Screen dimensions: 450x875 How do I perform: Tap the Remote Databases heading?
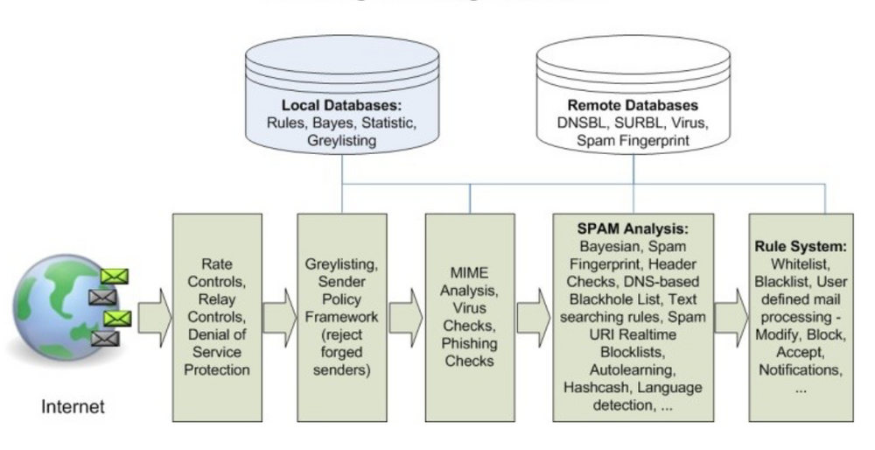tap(633, 105)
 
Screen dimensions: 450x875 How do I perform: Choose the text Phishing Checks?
tap(469, 352)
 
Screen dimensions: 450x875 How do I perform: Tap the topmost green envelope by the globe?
tap(115, 277)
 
